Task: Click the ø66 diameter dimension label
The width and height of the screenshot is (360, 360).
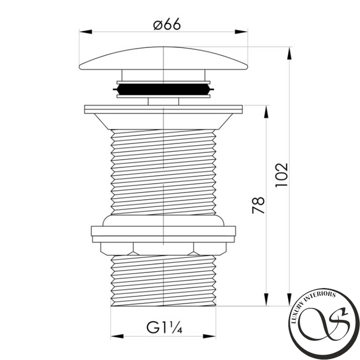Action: [x=167, y=25]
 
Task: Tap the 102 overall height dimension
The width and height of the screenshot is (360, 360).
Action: [x=281, y=175]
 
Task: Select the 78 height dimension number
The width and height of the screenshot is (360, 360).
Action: [x=258, y=205]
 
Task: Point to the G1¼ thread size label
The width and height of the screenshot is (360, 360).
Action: [x=164, y=327]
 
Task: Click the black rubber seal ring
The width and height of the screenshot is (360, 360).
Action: [x=163, y=89]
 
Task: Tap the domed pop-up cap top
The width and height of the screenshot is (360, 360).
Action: [x=163, y=58]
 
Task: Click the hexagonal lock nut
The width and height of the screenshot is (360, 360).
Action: [x=163, y=249]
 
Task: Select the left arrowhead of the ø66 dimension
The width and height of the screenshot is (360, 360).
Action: [x=85, y=32]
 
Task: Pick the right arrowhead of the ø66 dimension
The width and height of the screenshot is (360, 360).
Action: [x=241, y=32]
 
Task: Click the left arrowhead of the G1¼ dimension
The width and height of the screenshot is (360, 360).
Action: [x=117, y=337]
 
